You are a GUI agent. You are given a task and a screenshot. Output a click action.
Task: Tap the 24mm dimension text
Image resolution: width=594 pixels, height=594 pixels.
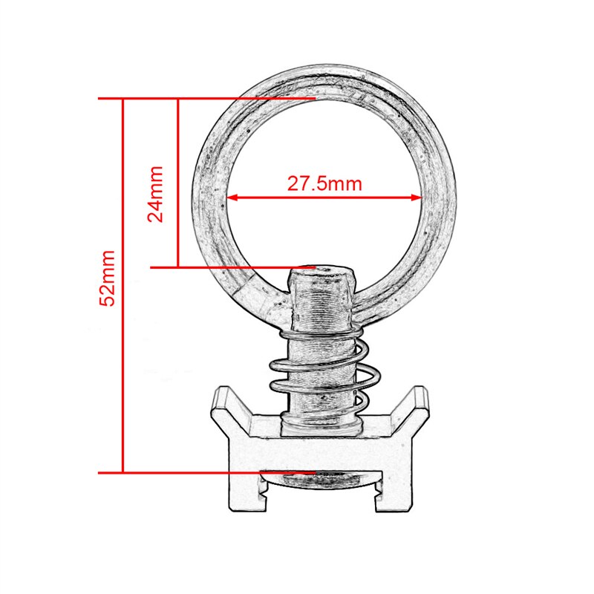(156, 194)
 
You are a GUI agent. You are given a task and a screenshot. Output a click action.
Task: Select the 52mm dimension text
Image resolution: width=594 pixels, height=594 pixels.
(108, 278)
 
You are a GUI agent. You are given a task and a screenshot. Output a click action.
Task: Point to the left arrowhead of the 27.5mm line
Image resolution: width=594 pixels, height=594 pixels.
(231, 198)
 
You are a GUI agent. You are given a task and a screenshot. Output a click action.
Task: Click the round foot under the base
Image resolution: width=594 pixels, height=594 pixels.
(321, 481)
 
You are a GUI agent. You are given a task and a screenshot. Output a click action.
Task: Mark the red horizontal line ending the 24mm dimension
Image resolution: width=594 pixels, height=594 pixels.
(223, 267)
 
